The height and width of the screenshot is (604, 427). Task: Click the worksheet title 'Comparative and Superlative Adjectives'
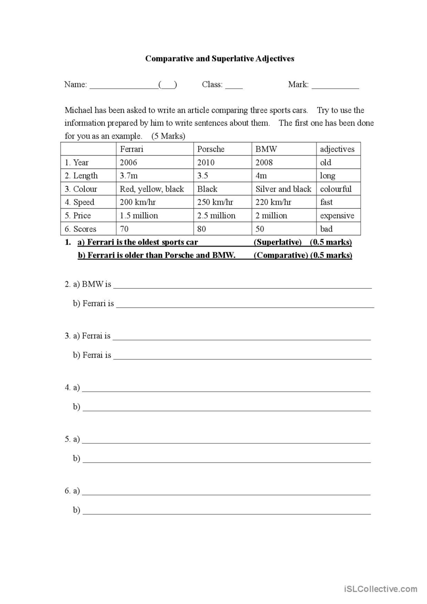click(x=220, y=59)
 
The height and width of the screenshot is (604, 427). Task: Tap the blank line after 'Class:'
click(x=234, y=87)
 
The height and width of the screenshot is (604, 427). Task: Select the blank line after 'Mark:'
click(x=335, y=87)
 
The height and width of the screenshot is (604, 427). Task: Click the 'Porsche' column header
click(x=211, y=149)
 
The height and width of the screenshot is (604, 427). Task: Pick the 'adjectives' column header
click(x=337, y=149)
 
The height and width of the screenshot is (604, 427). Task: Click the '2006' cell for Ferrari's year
click(x=128, y=162)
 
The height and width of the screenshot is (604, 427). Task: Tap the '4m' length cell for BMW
click(x=261, y=176)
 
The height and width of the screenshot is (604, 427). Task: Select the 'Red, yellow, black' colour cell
click(x=152, y=189)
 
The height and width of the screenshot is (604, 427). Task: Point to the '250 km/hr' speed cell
click(x=215, y=202)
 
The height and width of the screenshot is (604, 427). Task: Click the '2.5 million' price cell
click(x=216, y=215)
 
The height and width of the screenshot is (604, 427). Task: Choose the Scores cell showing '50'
click(x=260, y=229)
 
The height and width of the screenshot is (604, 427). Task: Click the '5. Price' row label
click(x=78, y=215)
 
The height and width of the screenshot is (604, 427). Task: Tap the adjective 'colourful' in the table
click(x=336, y=189)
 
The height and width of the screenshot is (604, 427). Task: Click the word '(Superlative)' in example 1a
click(x=278, y=242)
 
